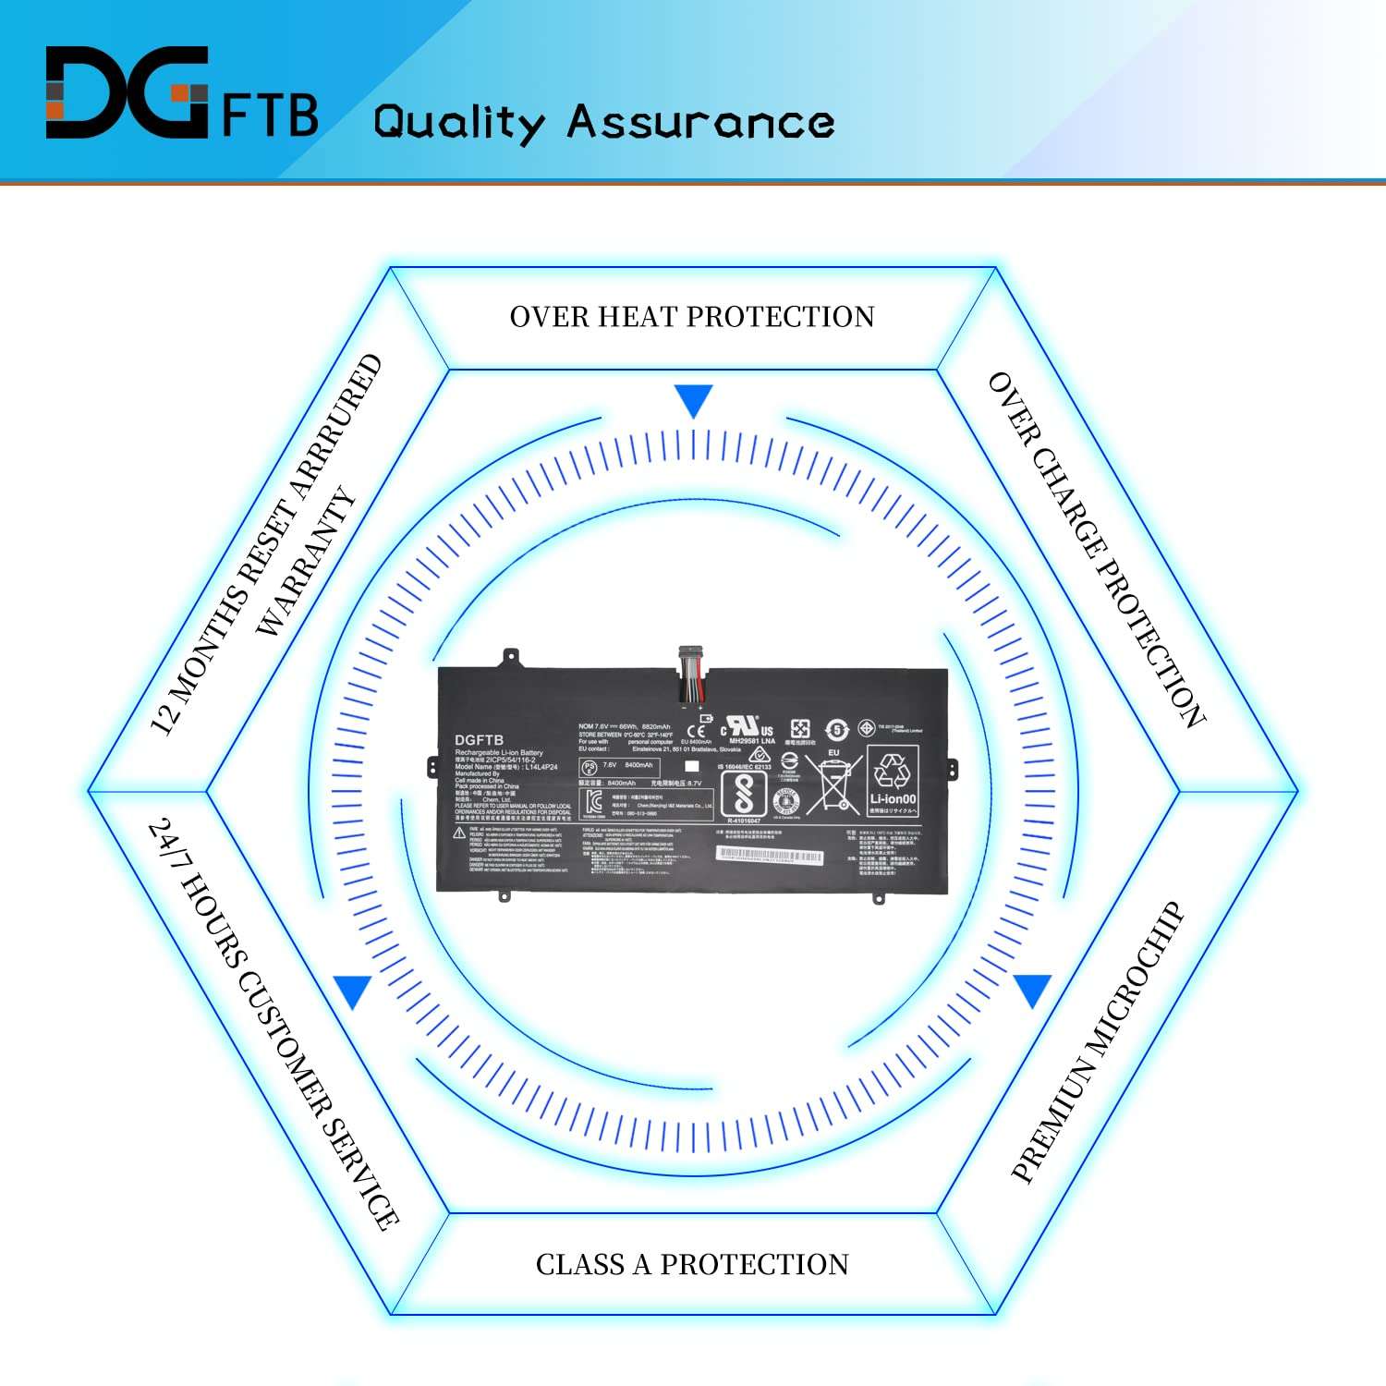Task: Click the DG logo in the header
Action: pyautogui.click(x=127, y=92)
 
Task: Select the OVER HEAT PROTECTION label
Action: pyautogui.click(x=692, y=317)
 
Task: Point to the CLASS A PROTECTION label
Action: pyautogui.click(x=692, y=1264)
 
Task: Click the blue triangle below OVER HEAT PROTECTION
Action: pyautogui.click(x=693, y=399)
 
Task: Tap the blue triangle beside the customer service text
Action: pyautogui.click(x=353, y=990)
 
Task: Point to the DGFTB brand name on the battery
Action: pyautogui.click(x=479, y=740)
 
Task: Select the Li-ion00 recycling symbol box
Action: pyautogui.click(x=893, y=781)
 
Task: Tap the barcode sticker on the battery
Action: pyautogui.click(x=770, y=856)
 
